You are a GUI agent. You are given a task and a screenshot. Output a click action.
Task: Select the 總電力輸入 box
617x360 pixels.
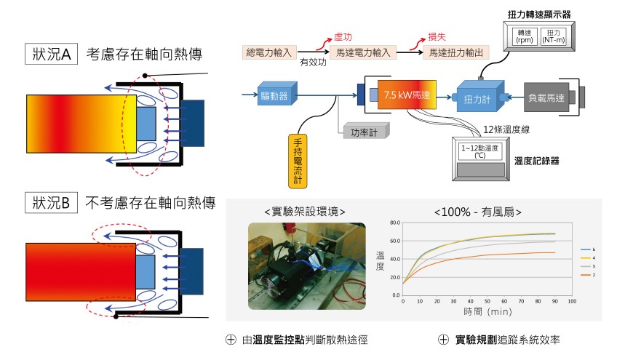coord(268,52)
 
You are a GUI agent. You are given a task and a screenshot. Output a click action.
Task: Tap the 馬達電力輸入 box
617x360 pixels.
coord(362,52)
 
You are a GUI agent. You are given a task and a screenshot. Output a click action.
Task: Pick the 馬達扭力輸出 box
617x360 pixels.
coord(457,52)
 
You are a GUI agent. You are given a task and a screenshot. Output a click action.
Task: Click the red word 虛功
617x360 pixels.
coord(342,36)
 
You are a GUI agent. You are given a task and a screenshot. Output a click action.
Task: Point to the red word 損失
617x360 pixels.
coord(437,36)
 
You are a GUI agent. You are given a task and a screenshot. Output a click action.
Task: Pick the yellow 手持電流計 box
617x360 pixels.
coord(298,160)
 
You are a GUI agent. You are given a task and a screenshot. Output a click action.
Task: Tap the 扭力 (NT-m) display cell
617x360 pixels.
coord(556,36)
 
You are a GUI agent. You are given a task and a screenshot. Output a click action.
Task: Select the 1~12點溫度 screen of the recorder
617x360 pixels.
coord(479,151)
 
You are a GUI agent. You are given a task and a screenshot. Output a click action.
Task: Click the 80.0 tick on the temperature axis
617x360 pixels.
coord(395,223)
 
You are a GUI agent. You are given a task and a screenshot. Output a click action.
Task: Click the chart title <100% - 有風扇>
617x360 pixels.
coord(478,212)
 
